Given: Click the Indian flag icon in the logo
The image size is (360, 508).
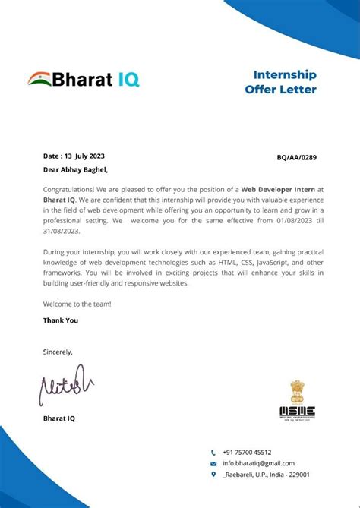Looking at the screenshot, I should click(x=39, y=79).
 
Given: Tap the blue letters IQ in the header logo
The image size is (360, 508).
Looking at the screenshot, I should click(x=127, y=79).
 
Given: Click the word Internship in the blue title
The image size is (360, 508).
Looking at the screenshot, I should click(x=284, y=75).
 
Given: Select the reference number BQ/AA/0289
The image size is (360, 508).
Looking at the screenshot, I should click(x=297, y=157).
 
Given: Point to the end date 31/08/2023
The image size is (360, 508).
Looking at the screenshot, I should click(x=62, y=232).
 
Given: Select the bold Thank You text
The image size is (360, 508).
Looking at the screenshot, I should click(x=61, y=320).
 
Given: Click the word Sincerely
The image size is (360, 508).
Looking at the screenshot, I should click(x=58, y=352).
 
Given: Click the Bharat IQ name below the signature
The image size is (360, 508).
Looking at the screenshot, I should click(x=59, y=418).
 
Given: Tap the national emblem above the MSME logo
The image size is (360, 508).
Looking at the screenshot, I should click(x=296, y=391).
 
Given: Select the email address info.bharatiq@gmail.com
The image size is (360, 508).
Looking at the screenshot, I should click(x=258, y=463).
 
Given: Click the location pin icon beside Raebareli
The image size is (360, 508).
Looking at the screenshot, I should click(x=213, y=475).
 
